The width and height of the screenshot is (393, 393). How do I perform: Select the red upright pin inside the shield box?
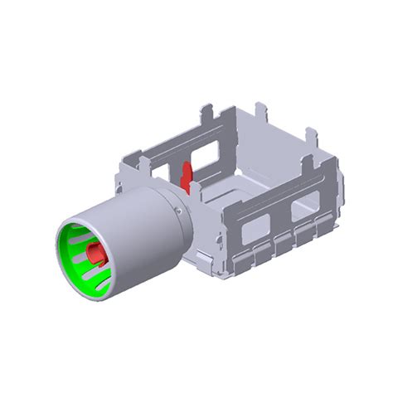tap(187, 175)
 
